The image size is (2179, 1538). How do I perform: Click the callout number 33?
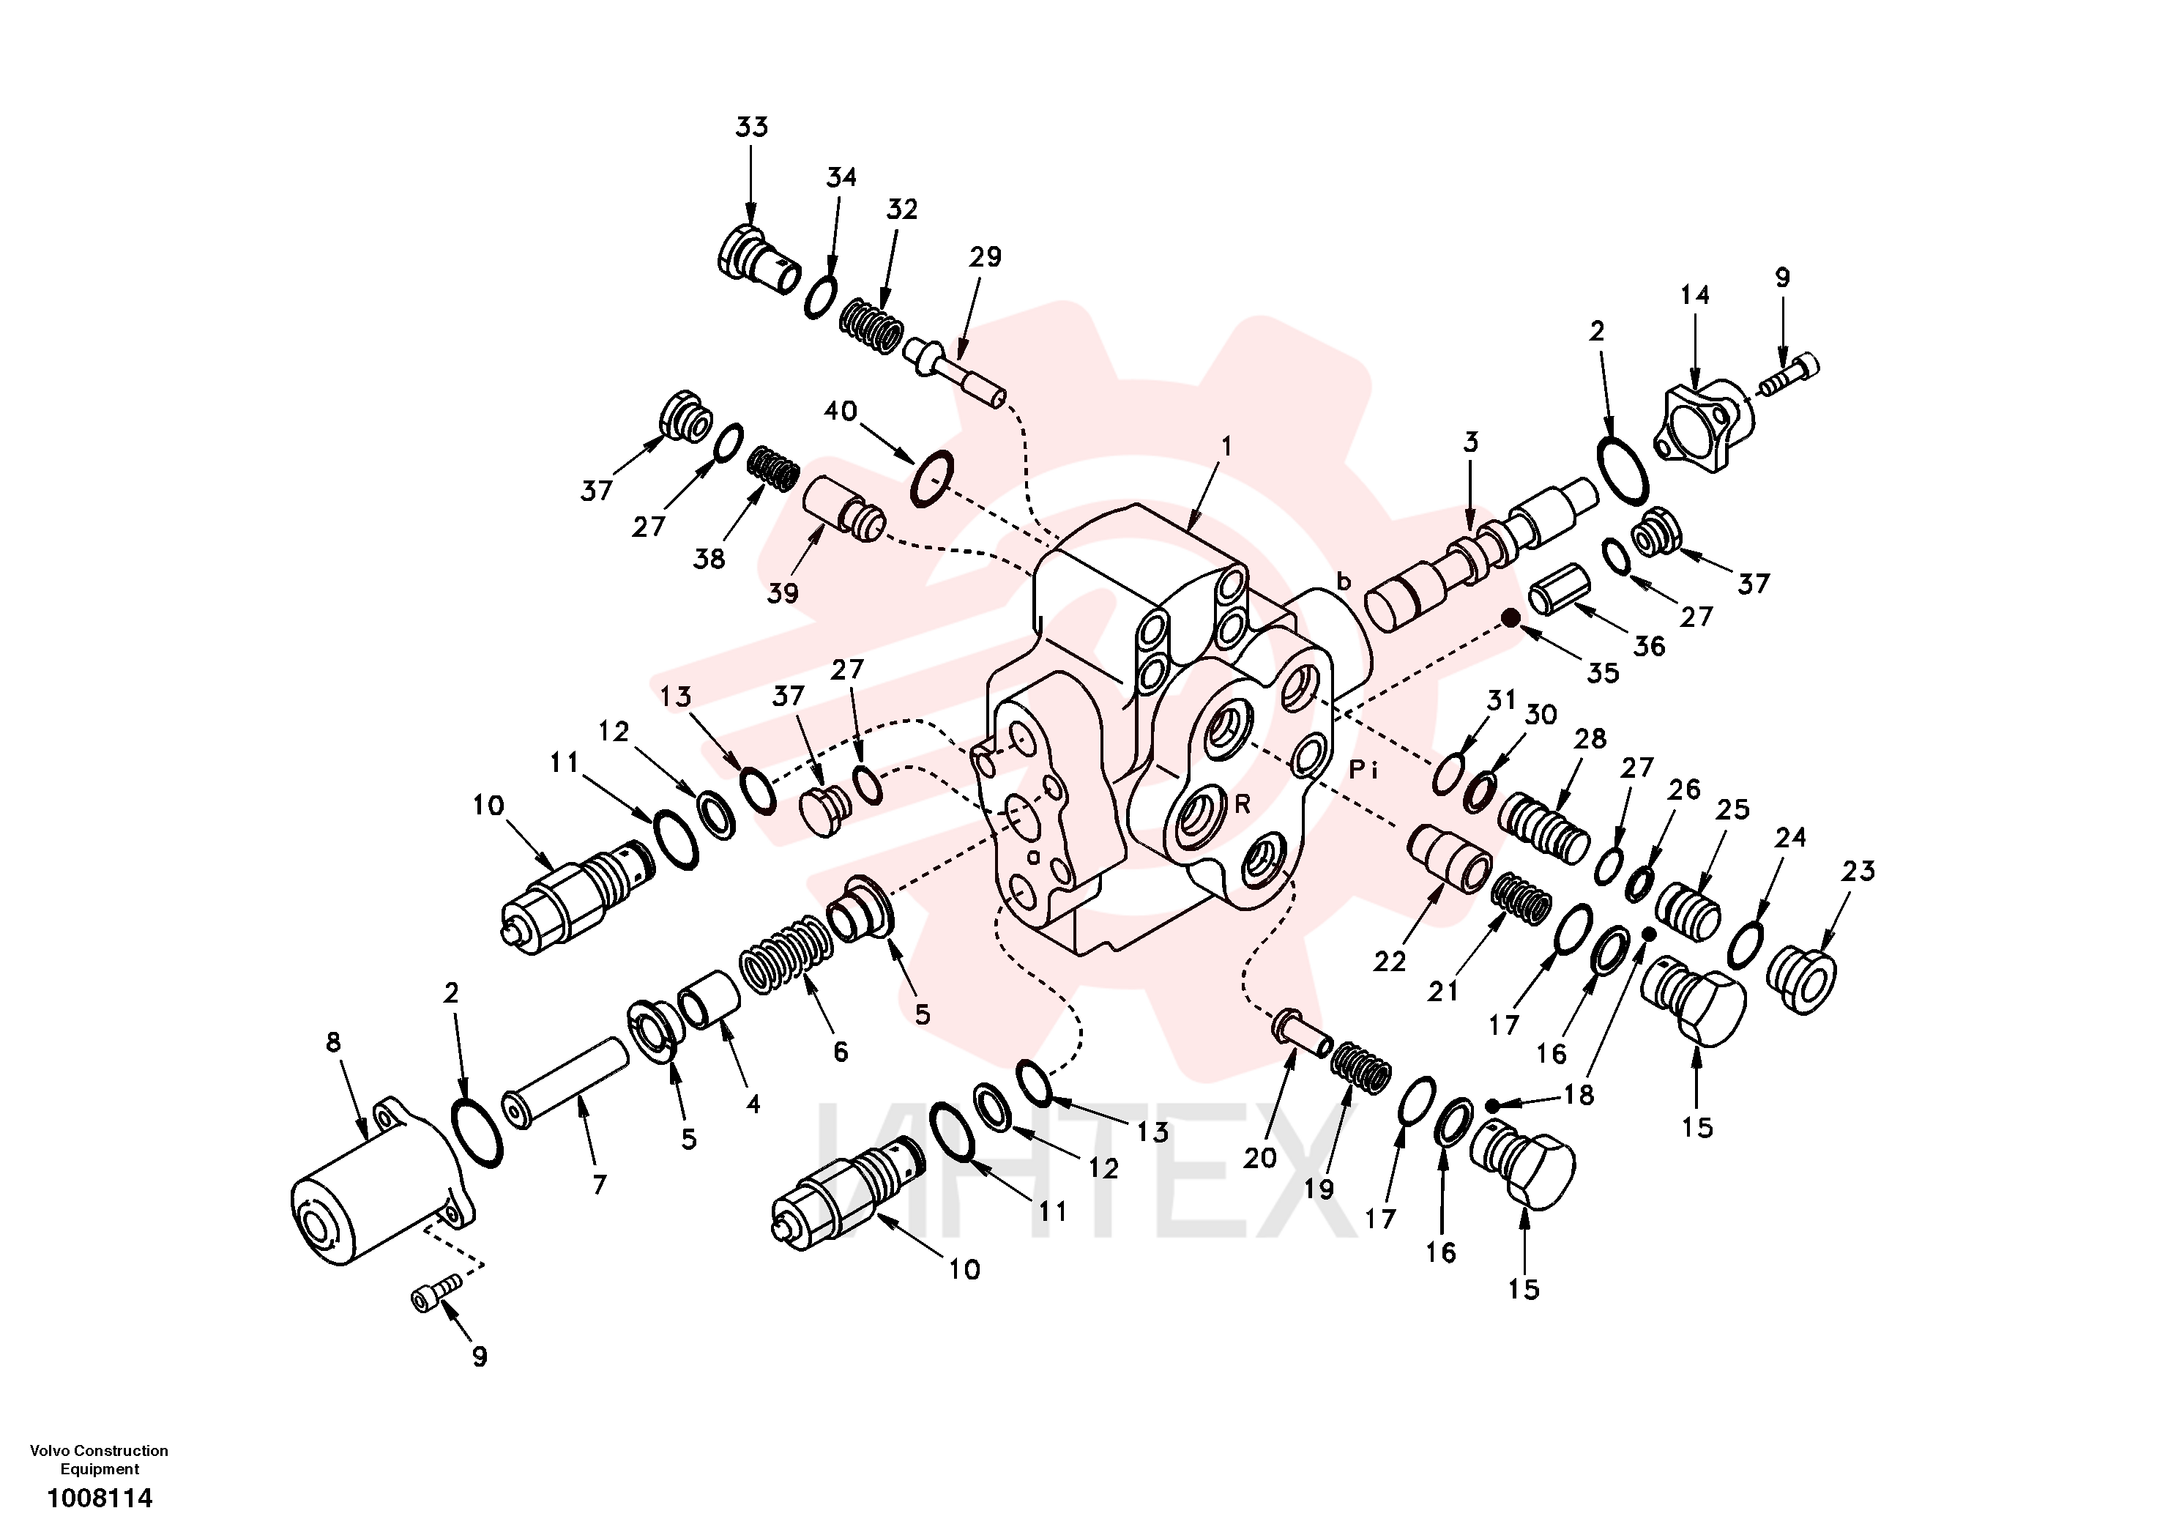[x=752, y=127]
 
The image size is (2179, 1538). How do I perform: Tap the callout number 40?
[x=840, y=411]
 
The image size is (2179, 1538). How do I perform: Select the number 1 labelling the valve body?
[x=1226, y=445]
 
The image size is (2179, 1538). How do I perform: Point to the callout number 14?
[x=1694, y=295]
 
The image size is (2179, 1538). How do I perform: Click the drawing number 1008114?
[x=100, y=1498]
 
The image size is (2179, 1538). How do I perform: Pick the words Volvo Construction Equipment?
[x=100, y=1459]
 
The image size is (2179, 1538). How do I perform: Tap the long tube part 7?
[x=567, y=1082]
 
